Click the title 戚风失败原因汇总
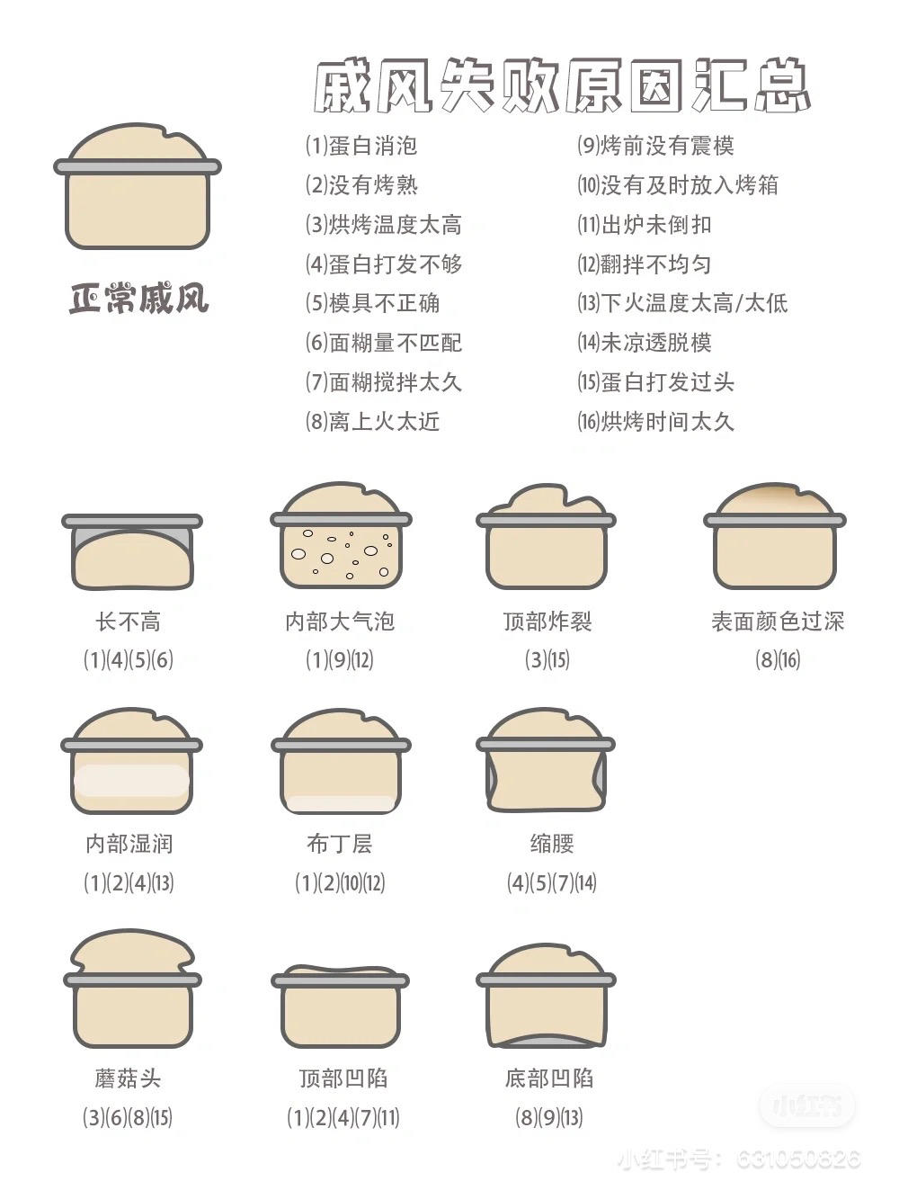[562, 85]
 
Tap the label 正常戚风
[138, 299]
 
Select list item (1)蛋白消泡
[361, 146]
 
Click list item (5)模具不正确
[372, 303]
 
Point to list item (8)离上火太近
[372, 421]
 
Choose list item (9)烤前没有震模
[655, 146]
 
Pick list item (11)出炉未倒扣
[644, 225]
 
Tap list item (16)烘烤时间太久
[655, 421]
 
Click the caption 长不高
[129, 622]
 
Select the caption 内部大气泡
[340, 622]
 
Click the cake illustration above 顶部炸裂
[547, 536]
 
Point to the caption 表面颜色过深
[778, 622]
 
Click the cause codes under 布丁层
[340, 882]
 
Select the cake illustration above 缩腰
[546, 760]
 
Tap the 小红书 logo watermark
[806, 1105]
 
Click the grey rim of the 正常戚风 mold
[138, 166]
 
